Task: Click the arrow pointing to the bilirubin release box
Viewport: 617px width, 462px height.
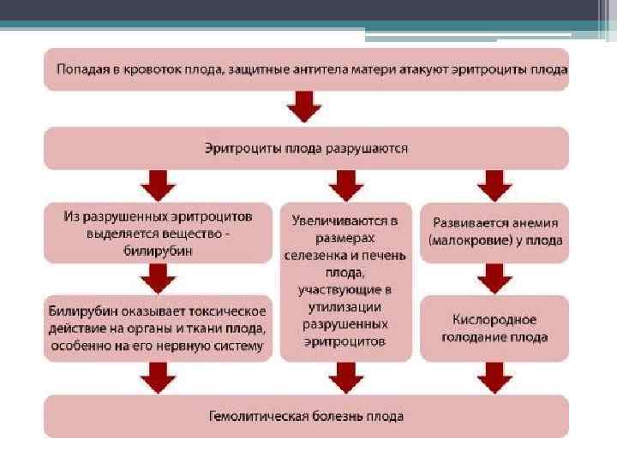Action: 158,184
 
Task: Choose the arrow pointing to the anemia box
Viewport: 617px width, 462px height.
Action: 494,184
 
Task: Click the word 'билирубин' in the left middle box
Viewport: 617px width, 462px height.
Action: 157,252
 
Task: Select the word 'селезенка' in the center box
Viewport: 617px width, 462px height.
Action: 319,255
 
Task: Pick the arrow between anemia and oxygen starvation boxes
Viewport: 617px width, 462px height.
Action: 494,277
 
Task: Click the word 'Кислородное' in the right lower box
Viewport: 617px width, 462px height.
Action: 494,319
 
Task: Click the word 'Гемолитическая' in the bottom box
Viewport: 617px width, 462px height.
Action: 261,417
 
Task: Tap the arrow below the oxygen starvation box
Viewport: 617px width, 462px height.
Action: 494,376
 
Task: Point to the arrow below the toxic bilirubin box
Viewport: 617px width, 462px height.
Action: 158,376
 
